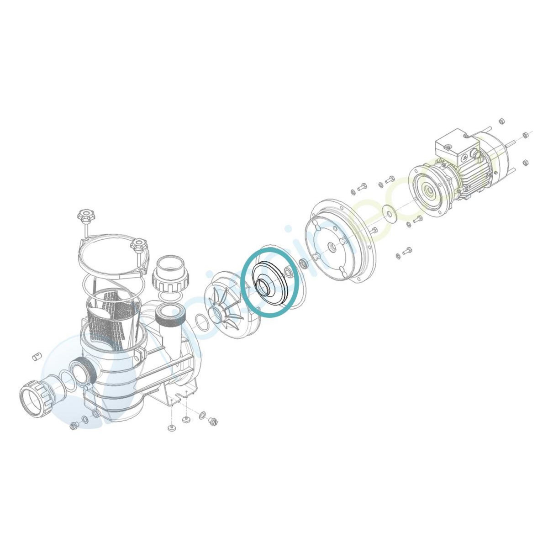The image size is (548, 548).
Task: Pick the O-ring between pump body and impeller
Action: [x=201, y=321]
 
